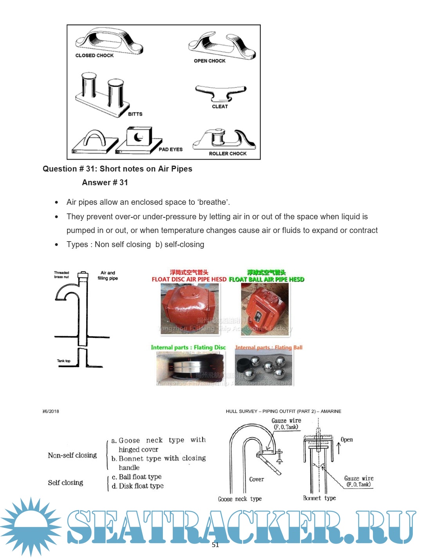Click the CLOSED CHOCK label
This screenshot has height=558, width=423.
click(x=94, y=56)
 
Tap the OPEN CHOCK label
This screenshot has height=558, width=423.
click(x=210, y=61)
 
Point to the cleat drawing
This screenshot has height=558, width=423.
click(x=221, y=93)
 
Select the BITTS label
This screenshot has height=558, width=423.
click(x=135, y=114)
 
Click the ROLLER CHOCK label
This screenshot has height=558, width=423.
click(x=228, y=153)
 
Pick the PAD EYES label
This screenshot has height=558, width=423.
click(x=171, y=149)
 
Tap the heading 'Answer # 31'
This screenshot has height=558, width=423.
click(x=105, y=182)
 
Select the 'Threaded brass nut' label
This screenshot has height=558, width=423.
click(x=61, y=274)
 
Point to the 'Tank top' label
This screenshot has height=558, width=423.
click(x=64, y=361)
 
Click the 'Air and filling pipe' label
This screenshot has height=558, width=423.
click(x=108, y=275)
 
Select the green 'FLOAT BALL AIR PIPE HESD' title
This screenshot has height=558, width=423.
click(x=266, y=279)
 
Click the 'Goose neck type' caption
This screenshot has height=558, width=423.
click(x=240, y=499)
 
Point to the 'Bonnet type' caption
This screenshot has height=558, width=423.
click(x=319, y=498)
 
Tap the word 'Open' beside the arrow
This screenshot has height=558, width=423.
click(x=347, y=440)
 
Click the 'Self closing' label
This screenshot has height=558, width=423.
click(x=65, y=483)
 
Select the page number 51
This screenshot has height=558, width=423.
click(x=215, y=545)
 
